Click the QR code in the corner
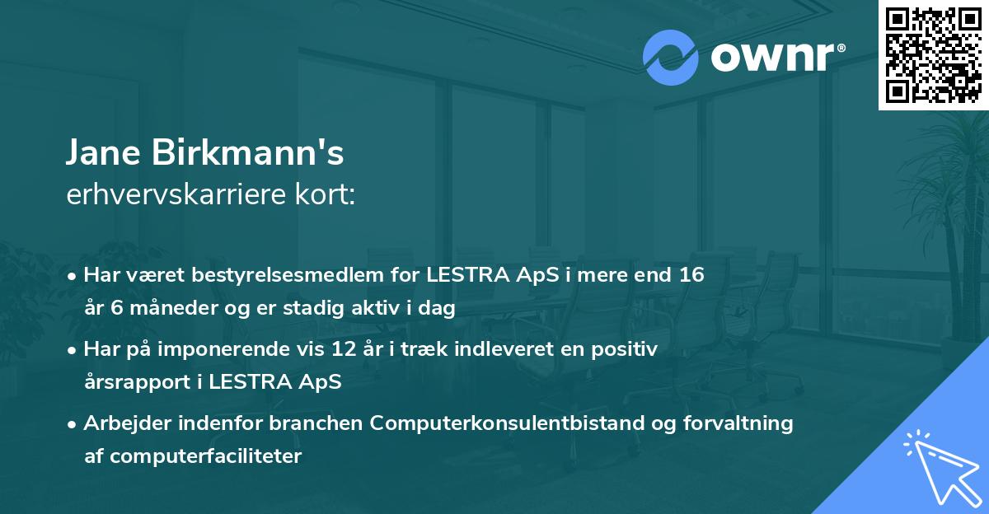point(933,54)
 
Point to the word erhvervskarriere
point(177,194)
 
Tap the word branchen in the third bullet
point(315,423)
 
